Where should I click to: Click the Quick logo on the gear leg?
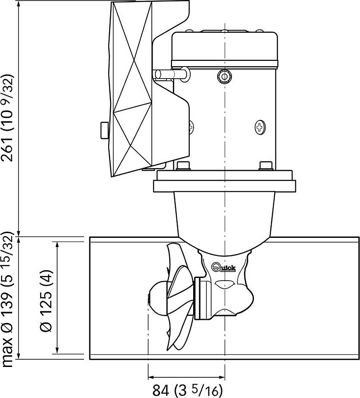224,267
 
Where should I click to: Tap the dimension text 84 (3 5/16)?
188,390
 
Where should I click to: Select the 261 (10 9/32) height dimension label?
7,117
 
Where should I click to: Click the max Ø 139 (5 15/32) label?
7,299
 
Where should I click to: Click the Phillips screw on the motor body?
260,127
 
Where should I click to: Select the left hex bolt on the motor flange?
183,166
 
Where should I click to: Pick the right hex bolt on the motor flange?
266,166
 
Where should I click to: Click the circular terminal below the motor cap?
224,76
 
